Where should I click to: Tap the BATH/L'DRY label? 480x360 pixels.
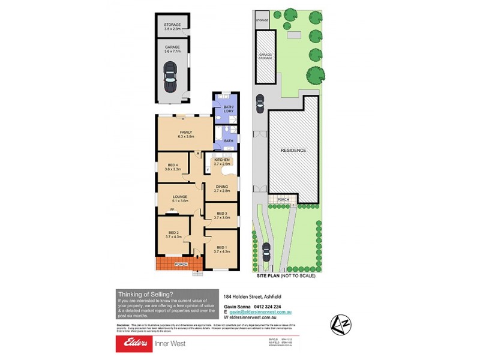(x=228, y=110)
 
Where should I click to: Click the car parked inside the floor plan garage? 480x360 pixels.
(x=170, y=77)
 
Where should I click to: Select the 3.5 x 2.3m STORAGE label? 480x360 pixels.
(x=173, y=26)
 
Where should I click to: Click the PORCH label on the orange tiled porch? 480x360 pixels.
(x=181, y=264)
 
